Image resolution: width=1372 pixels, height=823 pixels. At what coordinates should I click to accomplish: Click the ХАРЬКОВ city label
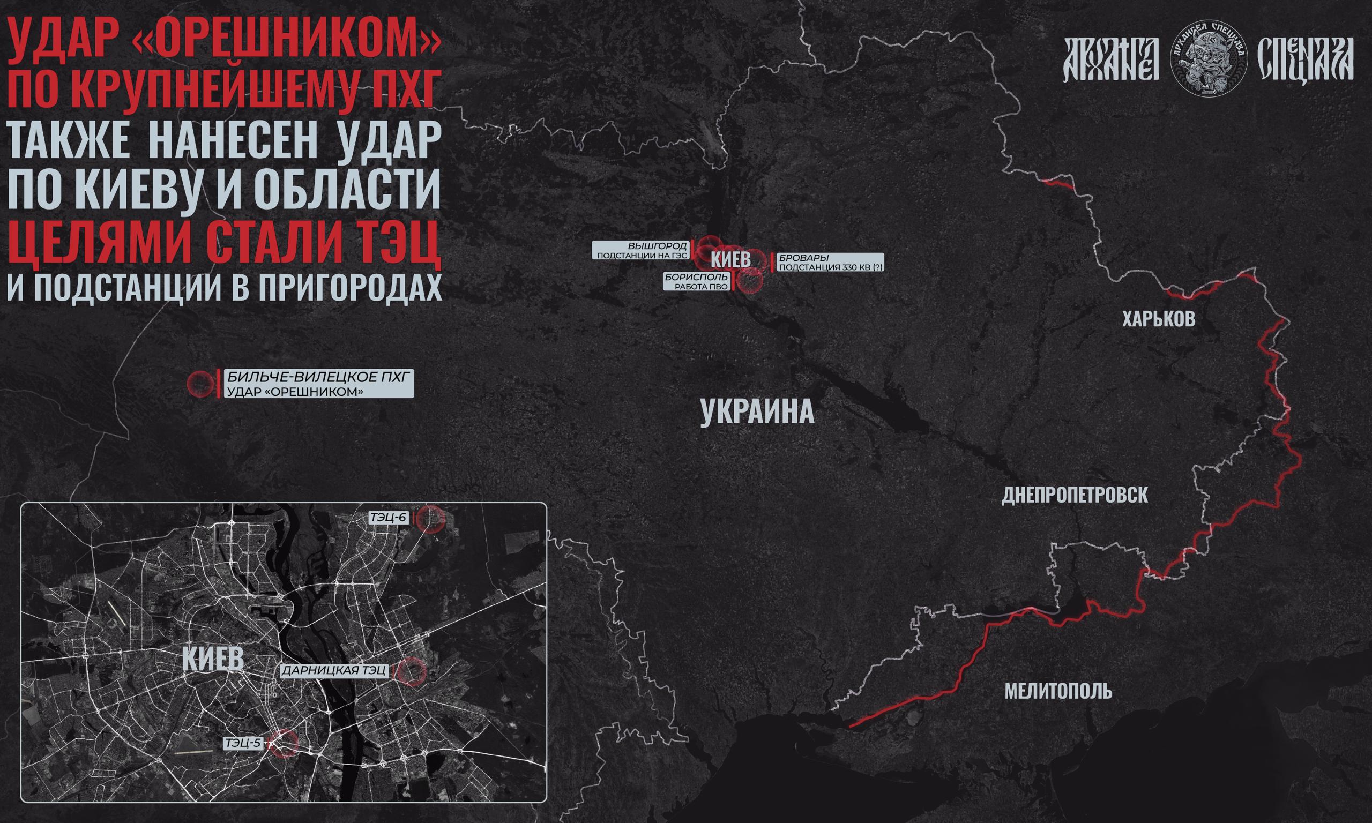click(1159, 319)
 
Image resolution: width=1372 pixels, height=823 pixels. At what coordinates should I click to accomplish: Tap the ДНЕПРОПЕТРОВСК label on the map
click(1075, 495)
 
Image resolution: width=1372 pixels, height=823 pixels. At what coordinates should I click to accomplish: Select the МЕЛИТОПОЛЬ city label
click(1058, 691)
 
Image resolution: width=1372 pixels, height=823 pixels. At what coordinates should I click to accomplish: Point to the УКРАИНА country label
click(757, 412)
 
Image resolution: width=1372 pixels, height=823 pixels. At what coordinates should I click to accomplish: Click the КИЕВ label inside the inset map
click(213, 659)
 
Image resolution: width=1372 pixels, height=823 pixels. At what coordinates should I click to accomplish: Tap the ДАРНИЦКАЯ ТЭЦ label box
click(334, 670)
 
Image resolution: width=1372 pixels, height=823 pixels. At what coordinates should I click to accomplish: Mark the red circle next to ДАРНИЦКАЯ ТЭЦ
click(412, 671)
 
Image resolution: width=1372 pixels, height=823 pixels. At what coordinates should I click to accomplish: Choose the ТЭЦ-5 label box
click(242, 743)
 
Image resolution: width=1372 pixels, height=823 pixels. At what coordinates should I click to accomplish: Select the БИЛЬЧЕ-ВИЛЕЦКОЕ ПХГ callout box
click(319, 384)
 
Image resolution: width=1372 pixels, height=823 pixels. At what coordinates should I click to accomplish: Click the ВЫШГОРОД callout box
click(640, 250)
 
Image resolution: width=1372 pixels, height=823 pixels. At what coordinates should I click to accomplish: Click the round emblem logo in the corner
click(1209, 60)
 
